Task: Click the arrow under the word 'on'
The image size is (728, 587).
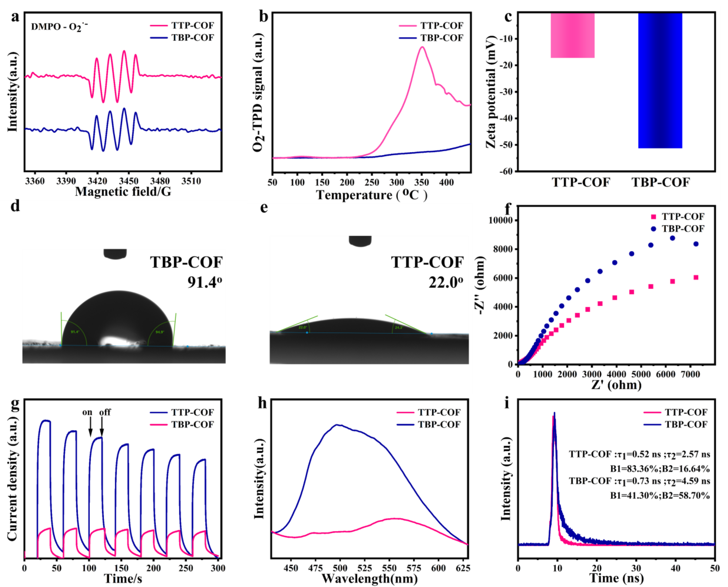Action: pyautogui.click(x=90, y=427)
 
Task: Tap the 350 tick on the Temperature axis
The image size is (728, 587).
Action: pyautogui.click(x=421, y=183)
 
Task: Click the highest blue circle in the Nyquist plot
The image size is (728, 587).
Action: pyautogui.click(x=673, y=238)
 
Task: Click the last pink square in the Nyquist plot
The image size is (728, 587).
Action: pyautogui.click(x=696, y=277)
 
